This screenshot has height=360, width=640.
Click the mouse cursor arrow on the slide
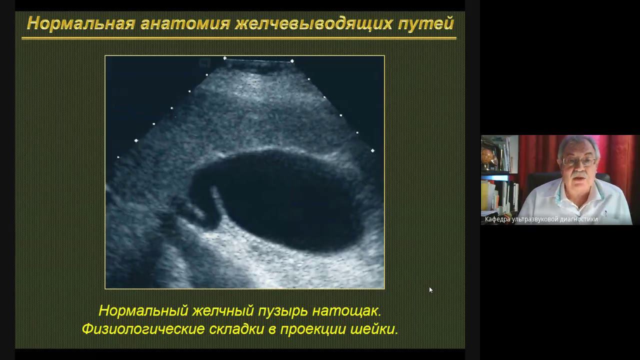pyautogui.click(x=430, y=289)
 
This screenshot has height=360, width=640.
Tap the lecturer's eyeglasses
pyautogui.click(x=579, y=161)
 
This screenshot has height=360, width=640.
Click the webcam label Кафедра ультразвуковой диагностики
pyautogui.click(x=541, y=219)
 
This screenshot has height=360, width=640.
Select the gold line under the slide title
pyautogui.click(x=239, y=37)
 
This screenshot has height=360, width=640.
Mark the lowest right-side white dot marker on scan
pyautogui.click(x=372, y=150)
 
